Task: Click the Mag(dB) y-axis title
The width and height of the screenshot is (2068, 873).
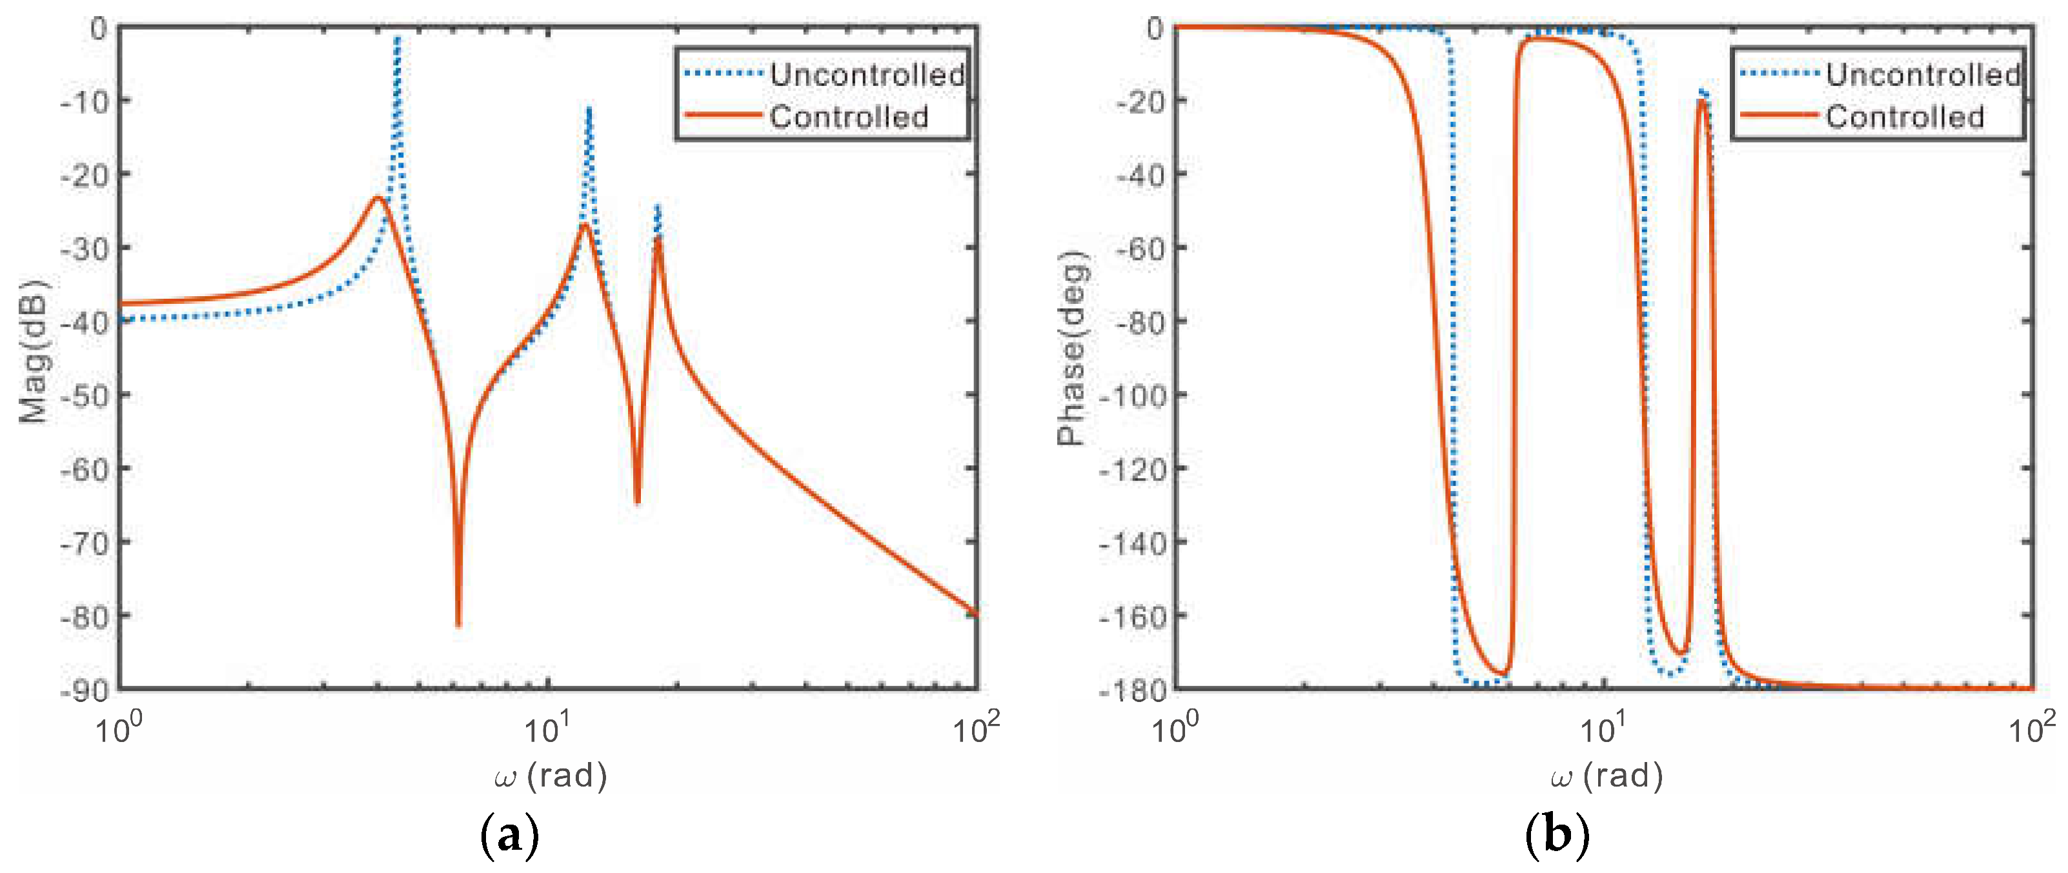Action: pyautogui.click(x=34, y=352)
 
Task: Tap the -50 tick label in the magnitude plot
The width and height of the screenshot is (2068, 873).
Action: pyautogui.click(x=85, y=395)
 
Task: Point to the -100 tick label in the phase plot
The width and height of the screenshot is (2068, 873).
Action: pyautogui.click(x=1133, y=395)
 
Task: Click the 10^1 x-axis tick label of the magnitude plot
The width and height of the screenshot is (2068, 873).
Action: pyautogui.click(x=547, y=729)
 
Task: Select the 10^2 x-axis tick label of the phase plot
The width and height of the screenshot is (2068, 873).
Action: pyautogui.click(x=2031, y=729)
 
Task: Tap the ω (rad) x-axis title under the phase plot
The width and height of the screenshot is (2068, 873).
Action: pyautogui.click(x=1607, y=776)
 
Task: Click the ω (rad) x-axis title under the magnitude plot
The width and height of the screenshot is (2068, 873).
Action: pyautogui.click(x=551, y=776)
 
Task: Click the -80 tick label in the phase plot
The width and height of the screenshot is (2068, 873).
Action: pyautogui.click(x=1140, y=321)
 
